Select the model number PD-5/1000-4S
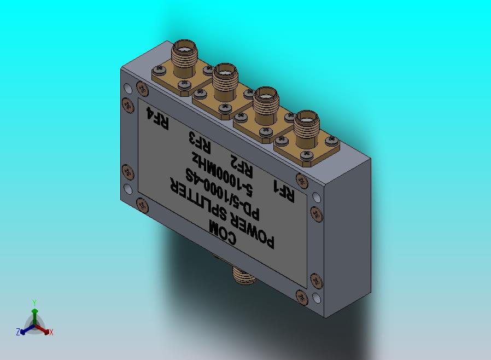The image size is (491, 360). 219,189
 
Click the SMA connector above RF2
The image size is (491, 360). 266,107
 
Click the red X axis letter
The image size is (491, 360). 51,332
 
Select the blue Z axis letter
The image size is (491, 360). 17,332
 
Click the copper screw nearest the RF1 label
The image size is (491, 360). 300,179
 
